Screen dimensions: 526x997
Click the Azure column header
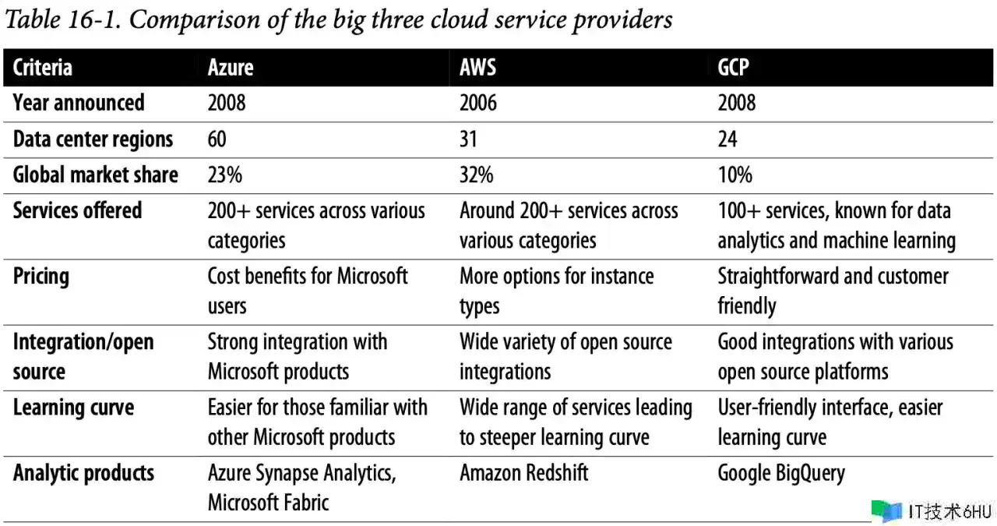coord(231,68)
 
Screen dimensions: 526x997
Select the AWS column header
coord(477,68)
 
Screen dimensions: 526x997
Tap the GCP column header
coord(734,68)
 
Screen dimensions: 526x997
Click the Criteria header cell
coord(43,68)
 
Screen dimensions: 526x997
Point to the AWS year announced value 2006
coord(478,103)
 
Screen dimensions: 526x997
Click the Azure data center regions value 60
coord(217,139)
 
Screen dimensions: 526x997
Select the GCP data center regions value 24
coord(727,139)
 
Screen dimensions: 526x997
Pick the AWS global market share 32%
coord(476,175)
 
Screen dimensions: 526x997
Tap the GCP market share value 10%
coord(735,175)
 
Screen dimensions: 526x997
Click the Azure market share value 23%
coord(224,175)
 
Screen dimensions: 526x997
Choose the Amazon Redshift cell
coord(523,473)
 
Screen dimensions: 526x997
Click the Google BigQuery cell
coord(780,473)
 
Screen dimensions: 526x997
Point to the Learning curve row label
coord(73,408)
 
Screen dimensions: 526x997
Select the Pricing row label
coord(41,277)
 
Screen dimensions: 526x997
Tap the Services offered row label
coord(77,210)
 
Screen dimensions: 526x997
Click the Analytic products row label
coord(83,473)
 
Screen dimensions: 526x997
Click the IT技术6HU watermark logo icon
coord(886,510)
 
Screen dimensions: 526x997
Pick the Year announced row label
coord(79,103)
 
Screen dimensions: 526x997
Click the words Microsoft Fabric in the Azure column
coord(268,503)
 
